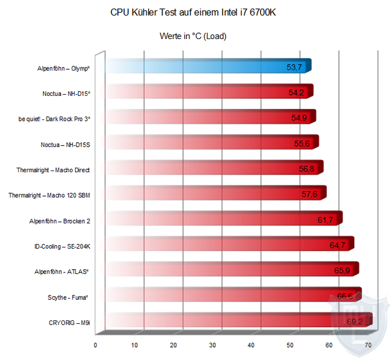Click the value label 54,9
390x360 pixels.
click(x=301, y=118)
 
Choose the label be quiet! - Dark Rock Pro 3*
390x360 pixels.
click(x=55, y=119)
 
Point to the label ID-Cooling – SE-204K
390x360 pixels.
click(x=62, y=246)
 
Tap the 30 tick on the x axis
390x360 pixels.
click(x=212, y=345)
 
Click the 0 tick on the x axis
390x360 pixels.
click(x=96, y=345)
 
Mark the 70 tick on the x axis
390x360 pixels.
click(x=368, y=345)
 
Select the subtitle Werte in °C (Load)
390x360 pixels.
click(x=193, y=36)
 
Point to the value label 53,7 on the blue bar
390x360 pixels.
click(x=294, y=67)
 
